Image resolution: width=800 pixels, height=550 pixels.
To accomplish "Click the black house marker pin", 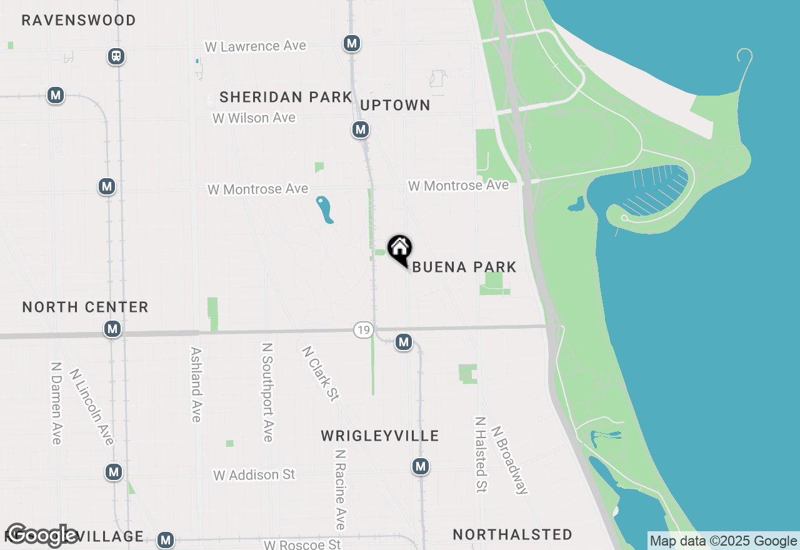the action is (400, 249).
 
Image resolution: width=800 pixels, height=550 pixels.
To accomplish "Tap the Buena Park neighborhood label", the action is (464, 267).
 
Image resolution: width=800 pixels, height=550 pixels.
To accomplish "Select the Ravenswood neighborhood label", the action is (79, 21).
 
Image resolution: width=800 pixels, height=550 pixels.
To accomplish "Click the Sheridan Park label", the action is (286, 97).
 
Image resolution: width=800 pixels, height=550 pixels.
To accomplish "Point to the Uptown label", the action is (395, 106).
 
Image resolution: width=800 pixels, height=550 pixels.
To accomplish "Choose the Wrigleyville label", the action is (380, 436).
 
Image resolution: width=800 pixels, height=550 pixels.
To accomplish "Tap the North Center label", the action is (85, 307).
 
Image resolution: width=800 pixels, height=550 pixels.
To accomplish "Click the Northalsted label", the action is (512, 535).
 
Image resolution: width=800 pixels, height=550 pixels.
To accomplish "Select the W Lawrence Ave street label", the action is (256, 46).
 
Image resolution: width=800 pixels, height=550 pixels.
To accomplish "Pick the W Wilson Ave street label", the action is (254, 118).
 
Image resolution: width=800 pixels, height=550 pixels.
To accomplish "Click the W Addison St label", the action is (254, 475).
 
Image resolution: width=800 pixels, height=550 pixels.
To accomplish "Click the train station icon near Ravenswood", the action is (116, 56).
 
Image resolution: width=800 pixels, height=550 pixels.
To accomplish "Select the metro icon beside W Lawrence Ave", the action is (352, 43).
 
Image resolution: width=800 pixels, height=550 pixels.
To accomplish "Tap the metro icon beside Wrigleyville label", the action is (421, 466).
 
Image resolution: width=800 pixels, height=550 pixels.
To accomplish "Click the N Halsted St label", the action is (481, 454).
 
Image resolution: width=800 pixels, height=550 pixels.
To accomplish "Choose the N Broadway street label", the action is (509, 460).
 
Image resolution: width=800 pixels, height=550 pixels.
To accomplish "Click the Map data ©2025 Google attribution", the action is (723, 541).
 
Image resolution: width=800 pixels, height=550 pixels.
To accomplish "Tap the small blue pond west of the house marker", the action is (324, 209).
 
